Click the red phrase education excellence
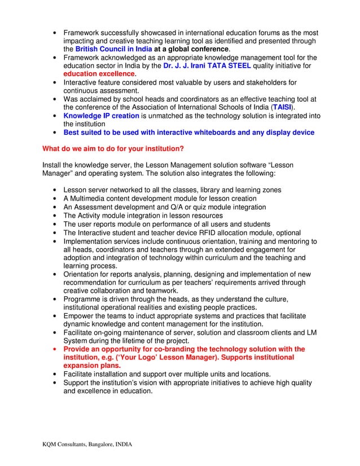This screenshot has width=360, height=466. point(99,74)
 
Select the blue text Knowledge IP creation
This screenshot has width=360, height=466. point(101,116)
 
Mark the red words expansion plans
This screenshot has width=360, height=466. point(90,366)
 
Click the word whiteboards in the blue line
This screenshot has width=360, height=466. point(207,133)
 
